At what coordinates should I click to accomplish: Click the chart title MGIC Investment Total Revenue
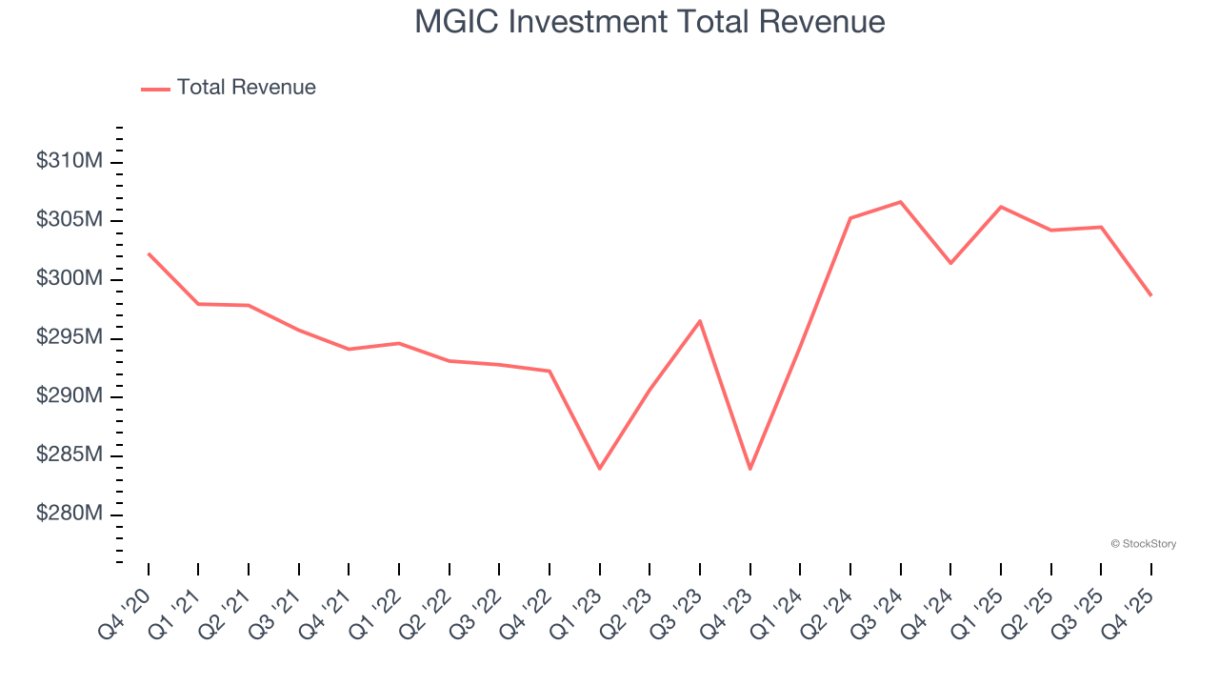pos(649,22)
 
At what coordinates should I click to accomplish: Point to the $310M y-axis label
pos(69,162)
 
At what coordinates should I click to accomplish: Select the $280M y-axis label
pos(69,514)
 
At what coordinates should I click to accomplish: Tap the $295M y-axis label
pos(69,338)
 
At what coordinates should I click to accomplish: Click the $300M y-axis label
pos(69,279)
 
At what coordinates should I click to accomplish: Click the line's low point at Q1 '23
pos(600,469)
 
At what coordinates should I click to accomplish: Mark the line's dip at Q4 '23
pos(750,469)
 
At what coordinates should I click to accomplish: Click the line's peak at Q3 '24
pos(900,202)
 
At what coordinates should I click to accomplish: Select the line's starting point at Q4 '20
pos(149,253)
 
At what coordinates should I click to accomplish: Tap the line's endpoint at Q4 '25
pos(1150,295)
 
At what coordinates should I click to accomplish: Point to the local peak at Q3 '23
pos(700,321)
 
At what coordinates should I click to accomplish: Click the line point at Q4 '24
pos(950,263)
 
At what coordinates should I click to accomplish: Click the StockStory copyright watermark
pos(1143,544)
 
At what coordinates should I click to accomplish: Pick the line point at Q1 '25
pos(1001,207)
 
